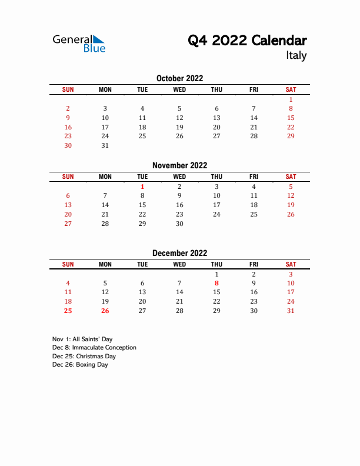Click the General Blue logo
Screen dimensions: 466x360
tap(79, 43)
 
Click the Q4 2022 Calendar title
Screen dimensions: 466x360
tap(247, 41)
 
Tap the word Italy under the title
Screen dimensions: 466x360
tap(296, 56)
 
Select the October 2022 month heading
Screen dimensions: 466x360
tap(179, 78)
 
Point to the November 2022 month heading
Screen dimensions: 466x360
tap(179, 165)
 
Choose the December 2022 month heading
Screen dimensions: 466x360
tap(179, 253)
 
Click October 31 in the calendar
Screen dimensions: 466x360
tap(105, 145)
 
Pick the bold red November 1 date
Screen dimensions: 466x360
tap(142, 187)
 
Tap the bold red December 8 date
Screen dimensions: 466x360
tap(216, 283)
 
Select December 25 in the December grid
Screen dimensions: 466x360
tap(68, 311)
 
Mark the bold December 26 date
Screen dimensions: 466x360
tap(105, 311)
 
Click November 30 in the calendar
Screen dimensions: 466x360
tap(179, 224)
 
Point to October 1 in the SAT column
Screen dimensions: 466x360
tap(291, 99)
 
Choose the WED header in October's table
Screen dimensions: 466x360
tap(179, 89)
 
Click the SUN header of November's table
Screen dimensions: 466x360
tap(68, 177)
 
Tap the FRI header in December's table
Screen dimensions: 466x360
tap(254, 264)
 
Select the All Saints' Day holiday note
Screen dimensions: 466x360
tap(82, 339)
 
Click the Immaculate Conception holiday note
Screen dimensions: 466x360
tap(94, 347)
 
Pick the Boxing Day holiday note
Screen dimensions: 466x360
tap(80, 364)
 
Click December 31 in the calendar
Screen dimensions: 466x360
tap(291, 311)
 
